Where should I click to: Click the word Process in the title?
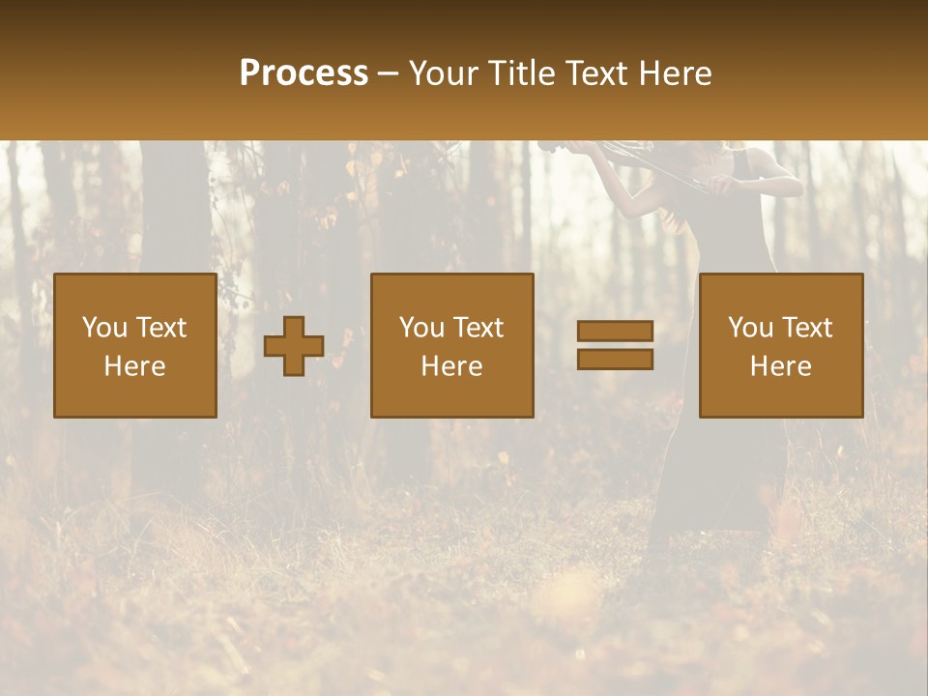pos(304,73)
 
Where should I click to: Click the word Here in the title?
pos(677,73)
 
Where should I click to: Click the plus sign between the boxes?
pos(294,346)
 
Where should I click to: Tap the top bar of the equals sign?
pos(615,332)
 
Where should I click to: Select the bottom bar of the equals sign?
pos(615,360)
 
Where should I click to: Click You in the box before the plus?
pos(104,328)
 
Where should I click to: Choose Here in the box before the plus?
pos(134,366)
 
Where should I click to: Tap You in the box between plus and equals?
pos(421,328)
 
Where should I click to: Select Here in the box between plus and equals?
pos(451,366)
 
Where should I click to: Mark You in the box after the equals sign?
pos(750,328)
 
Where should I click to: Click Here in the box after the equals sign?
pos(780,366)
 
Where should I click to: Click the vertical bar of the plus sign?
pos(294,329)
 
